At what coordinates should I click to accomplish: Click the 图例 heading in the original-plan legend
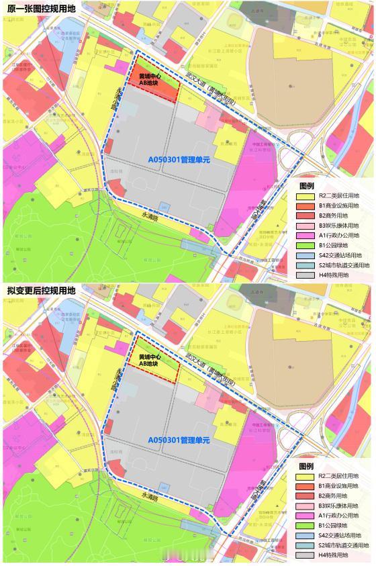coord(307,185)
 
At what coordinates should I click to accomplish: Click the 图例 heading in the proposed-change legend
coord(307,465)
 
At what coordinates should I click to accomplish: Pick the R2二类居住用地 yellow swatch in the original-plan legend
coord(305,195)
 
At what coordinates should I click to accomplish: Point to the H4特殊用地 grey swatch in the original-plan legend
coord(305,275)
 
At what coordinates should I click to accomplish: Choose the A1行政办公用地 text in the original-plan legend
coord(339,236)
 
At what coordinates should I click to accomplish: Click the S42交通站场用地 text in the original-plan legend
coord(340,255)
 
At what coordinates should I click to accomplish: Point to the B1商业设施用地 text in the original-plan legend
coord(339,205)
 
